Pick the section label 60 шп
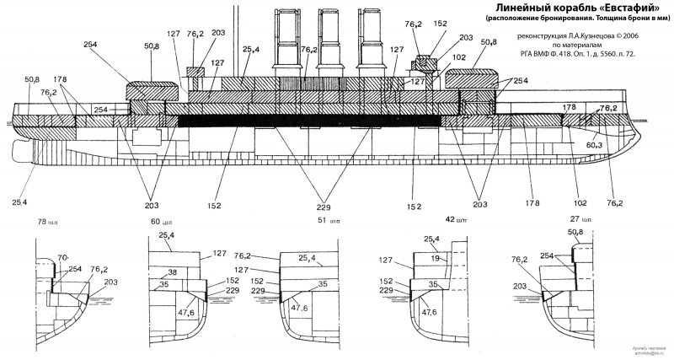[x=172, y=221]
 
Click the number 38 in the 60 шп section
[x=172, y=272]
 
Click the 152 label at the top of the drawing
[x=440, y=24]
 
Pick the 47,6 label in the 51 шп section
[x=300, y=308]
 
